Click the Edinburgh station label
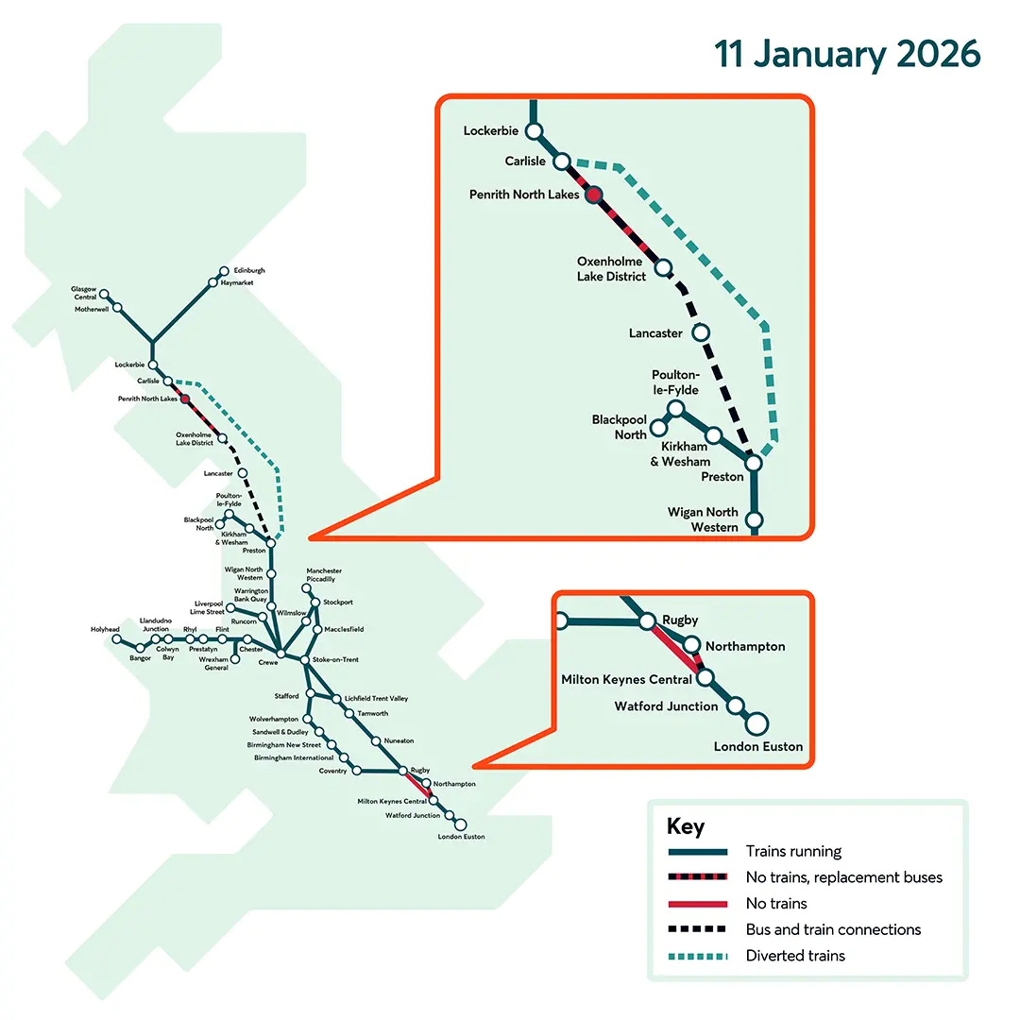pos(249,271)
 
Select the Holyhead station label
pos(105,629)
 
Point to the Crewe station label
pos(268,664)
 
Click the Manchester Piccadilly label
pos(324,575)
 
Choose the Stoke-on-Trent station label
pos(335,659)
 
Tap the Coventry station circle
pos(357,771)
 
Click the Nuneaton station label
pos(399,740)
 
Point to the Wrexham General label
pos(215,664)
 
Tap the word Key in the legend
pos(685,826)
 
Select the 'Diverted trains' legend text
pos(795,956)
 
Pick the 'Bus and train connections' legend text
pos(832,929)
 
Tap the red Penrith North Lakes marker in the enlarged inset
pos(593,195)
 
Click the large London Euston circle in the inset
pos(756,723)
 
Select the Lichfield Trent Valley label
pos(376,698)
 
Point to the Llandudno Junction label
pos(155,624)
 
